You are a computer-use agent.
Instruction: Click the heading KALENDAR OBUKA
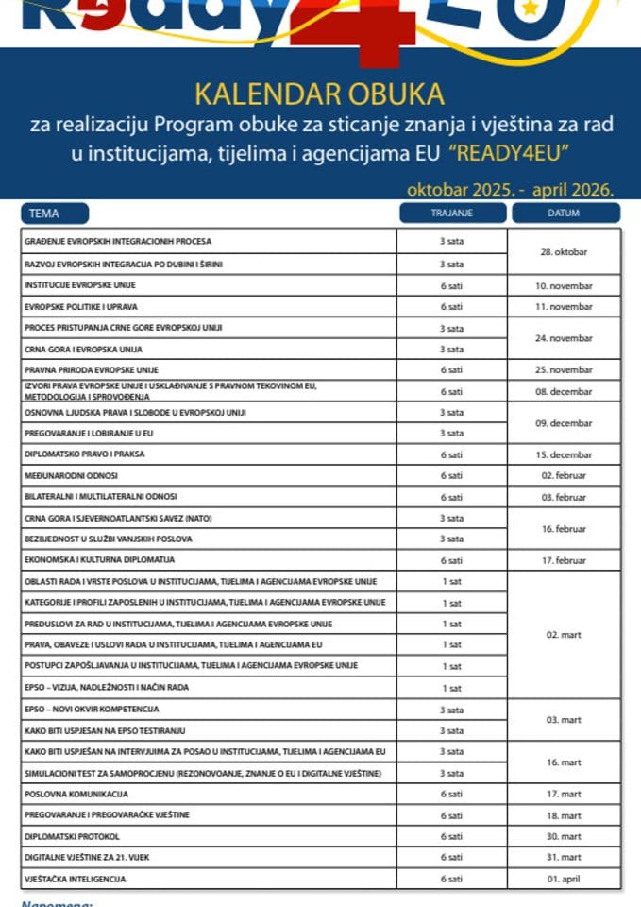[319, 94]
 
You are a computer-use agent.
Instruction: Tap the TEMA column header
[43, 214]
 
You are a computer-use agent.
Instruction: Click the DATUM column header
[564, 214]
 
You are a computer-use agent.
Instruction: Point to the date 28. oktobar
[564, 253]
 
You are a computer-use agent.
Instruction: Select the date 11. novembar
[564, 306]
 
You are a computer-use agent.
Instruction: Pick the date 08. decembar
[564, 391]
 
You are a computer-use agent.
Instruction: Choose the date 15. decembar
[564, 454]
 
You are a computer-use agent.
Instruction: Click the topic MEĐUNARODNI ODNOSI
[71, 476]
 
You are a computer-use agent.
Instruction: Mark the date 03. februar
[564, 497]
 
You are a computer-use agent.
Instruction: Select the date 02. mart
[564, 635]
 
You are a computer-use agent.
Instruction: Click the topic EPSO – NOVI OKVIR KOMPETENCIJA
[92, 709]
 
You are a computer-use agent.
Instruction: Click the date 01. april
[564, 880]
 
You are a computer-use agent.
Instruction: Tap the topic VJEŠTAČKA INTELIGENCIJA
[76, 880]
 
